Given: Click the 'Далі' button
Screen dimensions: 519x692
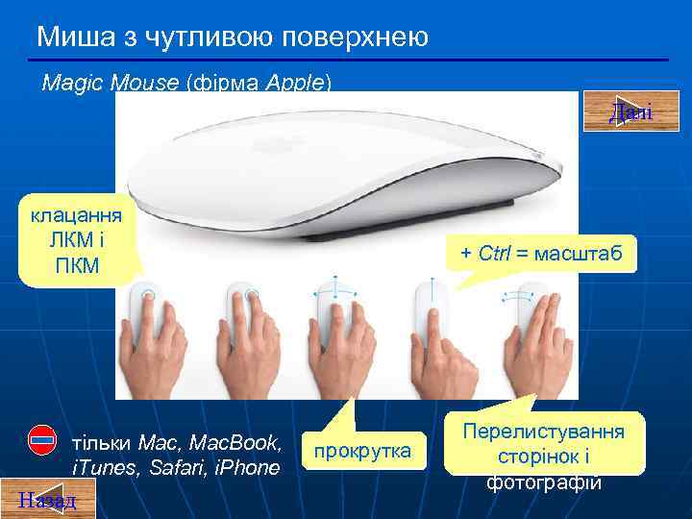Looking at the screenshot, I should point(630,111).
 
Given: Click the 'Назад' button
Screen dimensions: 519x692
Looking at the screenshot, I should point(37,499).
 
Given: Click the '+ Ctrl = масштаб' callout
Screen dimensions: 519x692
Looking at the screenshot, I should point(541,255).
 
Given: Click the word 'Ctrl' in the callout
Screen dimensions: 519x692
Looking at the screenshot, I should point(496,255).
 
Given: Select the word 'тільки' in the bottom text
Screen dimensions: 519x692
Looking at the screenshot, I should point(103,444).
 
